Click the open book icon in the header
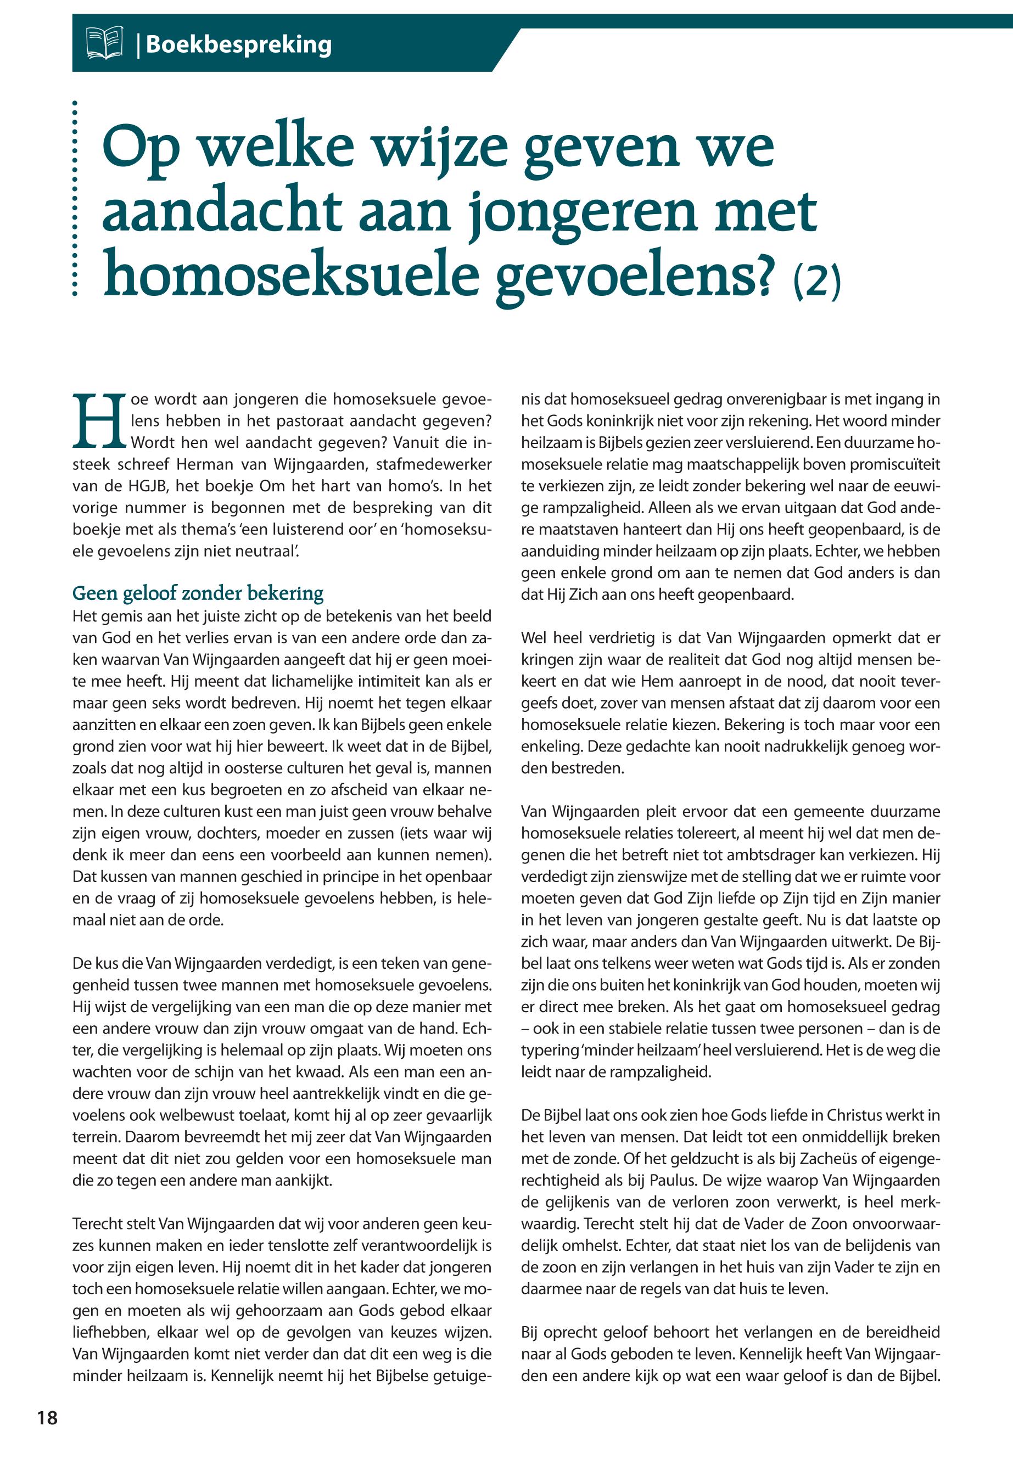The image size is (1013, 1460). [104, 44]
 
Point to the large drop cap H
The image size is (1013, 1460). [99, 420]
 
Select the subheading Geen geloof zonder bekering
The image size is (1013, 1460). [198, 593]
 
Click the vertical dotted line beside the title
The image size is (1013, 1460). [75, 198]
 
